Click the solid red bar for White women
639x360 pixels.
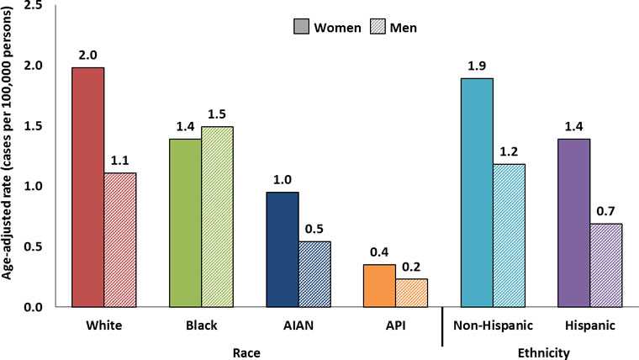pyautogui.click(x=88, y=187)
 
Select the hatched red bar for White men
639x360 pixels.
pyautogui.click(x=120, y=240)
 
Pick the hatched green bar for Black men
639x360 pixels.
pyautogui.click(x=217, y=216)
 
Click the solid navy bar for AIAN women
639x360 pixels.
pyautogui.click(x=282, y=249)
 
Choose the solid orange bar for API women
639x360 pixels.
pyautogui.click(x=378, y=285)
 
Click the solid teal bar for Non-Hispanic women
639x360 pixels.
pyautogui.click(x=476, y=192)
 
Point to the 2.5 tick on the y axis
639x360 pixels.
pyautogui.click(x=34, y=6)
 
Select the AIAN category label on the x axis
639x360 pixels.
pyautogui.click(x=298, y=326)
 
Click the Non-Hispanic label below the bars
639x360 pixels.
pyautogui.click(x=492, y=326)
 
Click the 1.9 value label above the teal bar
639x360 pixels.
pyautogui.click(x=476, y=64)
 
